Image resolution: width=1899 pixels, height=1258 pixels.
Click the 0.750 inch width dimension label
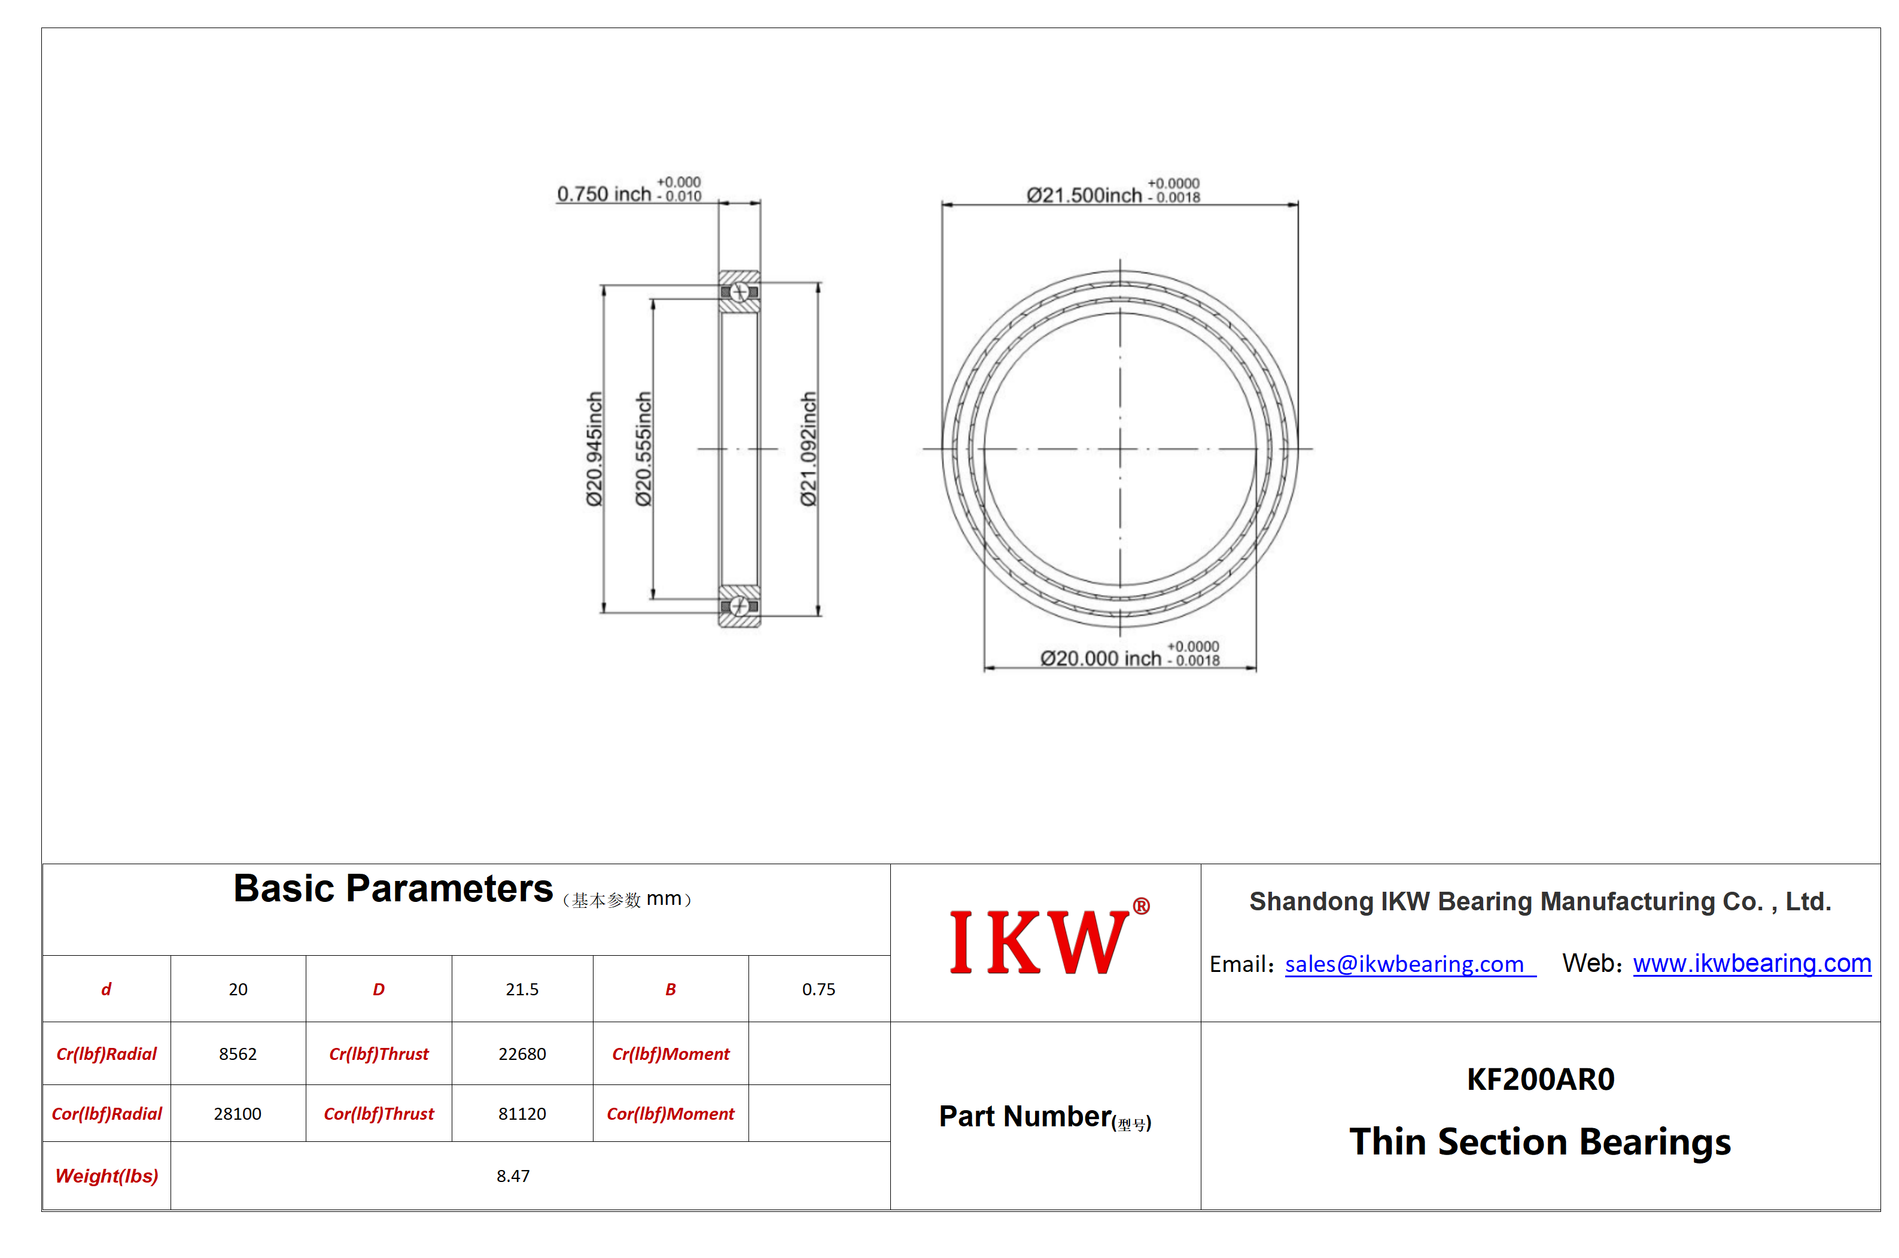pos(629,191)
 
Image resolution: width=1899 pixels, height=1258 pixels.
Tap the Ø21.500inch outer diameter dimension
pos(1112,193)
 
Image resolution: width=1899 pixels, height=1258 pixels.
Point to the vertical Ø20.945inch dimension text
pos(594,448)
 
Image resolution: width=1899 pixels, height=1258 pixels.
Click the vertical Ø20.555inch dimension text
pos(643,448)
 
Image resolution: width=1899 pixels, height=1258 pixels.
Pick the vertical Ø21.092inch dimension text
pos(808,448)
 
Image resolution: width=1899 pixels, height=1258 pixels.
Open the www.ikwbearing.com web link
pos(1751,963)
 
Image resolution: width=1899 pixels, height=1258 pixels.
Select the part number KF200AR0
pos(1540,1079)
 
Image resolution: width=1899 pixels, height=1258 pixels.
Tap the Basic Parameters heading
pos(393,888)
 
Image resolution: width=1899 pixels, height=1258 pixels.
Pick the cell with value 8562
pos(238,1053)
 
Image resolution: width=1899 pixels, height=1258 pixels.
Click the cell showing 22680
pos(522,1053)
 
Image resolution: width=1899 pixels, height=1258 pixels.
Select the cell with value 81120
pos(522,1114)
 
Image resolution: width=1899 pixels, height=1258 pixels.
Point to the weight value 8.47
pos(513,1175)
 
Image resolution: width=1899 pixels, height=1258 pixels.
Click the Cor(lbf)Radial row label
pos(106,1114)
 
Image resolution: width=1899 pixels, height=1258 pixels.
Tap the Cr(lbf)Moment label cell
pos(671,1053)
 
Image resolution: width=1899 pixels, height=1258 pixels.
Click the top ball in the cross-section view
pos(739,292)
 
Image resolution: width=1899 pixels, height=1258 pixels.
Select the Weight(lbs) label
pos(106,1175)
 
